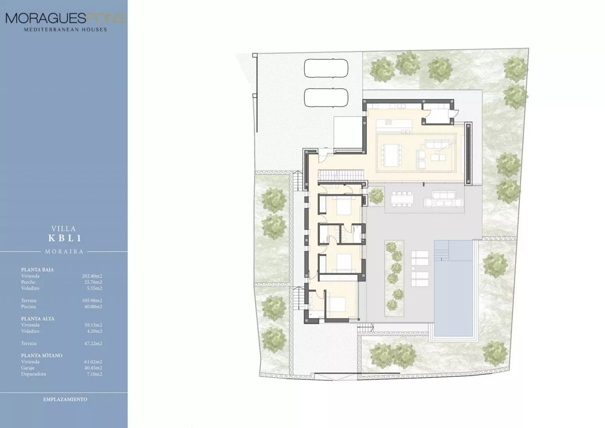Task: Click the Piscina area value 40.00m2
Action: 93,307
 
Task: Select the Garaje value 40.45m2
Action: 93,368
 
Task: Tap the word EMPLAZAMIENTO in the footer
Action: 65,399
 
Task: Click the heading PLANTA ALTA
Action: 38,319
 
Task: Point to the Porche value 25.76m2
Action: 93,282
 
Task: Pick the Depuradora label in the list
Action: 33,374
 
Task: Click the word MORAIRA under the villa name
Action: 64,251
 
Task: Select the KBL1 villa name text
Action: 65,238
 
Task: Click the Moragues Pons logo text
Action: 65,19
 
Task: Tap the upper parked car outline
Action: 326,68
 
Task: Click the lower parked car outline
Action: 326,98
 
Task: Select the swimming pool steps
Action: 442,251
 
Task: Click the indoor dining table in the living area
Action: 392,155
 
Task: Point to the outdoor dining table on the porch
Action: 402,199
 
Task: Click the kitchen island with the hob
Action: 394,125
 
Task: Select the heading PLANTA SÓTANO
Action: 42,355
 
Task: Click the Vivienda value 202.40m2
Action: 92,276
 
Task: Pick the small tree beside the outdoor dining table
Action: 376,196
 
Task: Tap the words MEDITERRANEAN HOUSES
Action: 65,30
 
